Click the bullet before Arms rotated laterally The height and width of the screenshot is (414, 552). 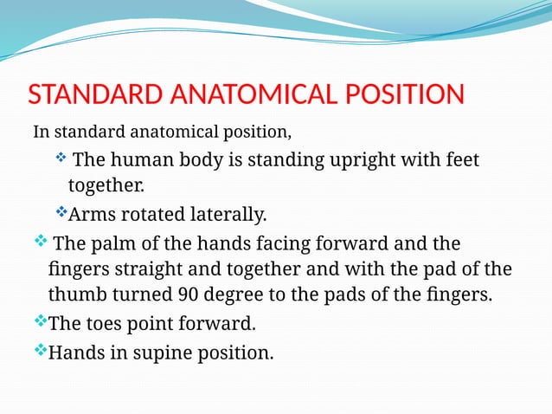(61, 212)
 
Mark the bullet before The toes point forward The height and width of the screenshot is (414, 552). (40, 322)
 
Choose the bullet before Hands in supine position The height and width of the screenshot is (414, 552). (40, 350)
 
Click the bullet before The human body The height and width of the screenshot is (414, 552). (61, 158)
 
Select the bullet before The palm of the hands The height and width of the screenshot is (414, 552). (40, 239)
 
